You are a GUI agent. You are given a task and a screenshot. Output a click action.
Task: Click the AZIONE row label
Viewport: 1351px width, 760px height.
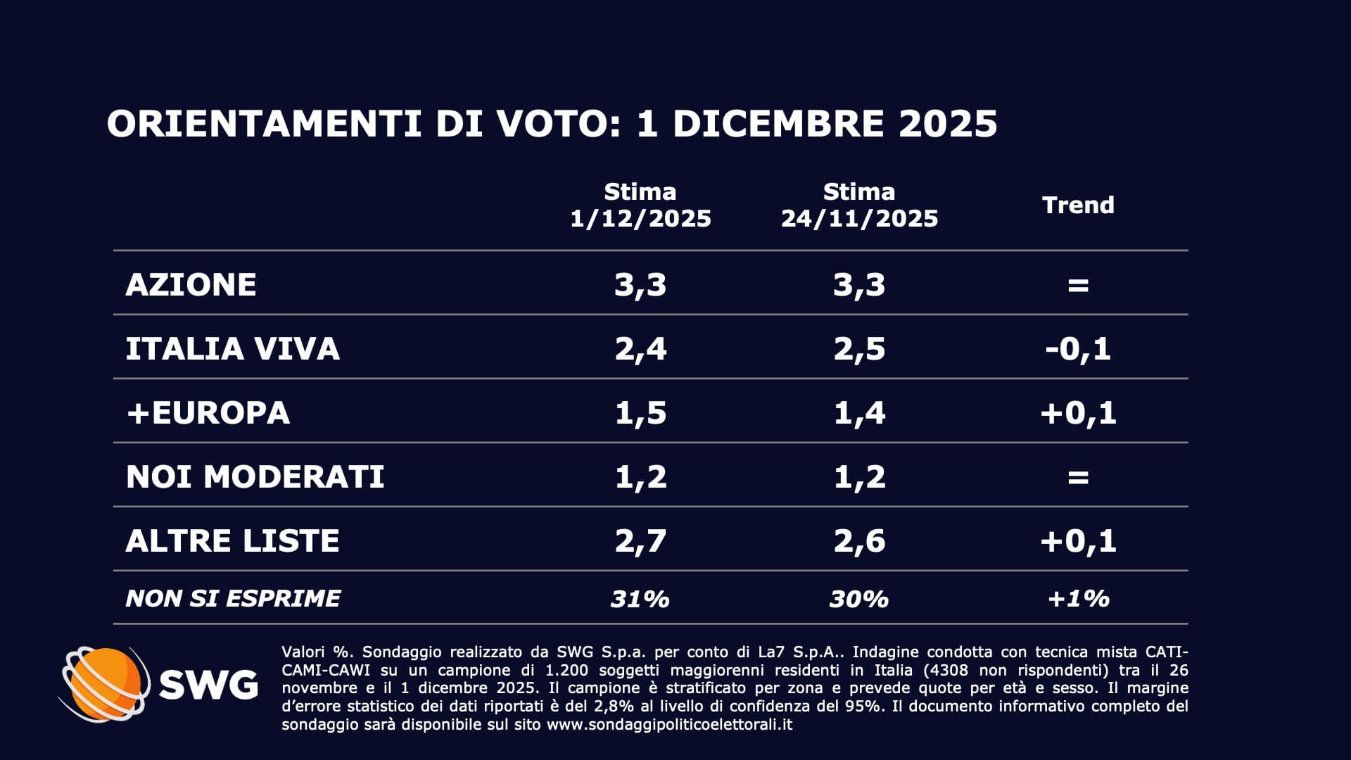coord(191,284)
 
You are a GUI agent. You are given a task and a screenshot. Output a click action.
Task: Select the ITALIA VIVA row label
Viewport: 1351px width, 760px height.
coord(232,349)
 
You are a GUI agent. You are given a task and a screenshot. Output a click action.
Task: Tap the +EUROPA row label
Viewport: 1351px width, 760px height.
coord(208,413)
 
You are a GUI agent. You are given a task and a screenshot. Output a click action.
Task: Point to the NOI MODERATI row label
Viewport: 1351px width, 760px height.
coord(255,477)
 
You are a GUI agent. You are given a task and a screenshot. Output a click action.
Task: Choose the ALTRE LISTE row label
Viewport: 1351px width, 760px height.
coord(232,541)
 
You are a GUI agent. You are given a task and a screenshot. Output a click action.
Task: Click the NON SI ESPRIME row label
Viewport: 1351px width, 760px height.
coord(232,598)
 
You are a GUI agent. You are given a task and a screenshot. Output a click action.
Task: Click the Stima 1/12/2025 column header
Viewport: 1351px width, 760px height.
coord(640,205)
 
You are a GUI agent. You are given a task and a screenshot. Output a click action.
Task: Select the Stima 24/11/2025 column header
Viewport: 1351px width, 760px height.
coord(859,205)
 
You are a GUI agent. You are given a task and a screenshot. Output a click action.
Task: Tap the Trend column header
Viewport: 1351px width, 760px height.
coord(1078,205)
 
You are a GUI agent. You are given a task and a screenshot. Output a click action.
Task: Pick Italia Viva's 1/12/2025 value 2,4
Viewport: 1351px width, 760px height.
coord(640,349)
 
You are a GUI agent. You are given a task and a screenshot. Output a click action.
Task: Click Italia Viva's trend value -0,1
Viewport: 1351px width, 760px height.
coord(1078,349)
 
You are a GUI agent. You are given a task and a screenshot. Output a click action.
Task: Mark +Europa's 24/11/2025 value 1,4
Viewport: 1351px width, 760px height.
coord(859,413)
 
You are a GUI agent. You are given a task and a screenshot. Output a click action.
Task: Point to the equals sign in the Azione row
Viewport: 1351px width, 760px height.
coord(1078,285)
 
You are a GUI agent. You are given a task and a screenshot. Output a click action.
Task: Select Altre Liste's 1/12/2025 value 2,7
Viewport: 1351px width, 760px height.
coord(640,541)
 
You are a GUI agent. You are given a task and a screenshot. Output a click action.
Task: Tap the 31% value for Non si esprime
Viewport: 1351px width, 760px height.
coord(640,599)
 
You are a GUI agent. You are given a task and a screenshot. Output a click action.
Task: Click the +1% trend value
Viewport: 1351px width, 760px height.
coord(1078,599)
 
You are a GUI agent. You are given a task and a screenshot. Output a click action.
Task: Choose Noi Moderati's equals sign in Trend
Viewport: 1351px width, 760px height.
coord(1078,478)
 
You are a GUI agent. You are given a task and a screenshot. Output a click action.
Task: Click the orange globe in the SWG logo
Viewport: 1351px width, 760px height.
coord(106,683)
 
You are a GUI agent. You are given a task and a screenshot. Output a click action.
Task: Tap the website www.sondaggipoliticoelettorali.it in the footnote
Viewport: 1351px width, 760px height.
coord(669,724)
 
